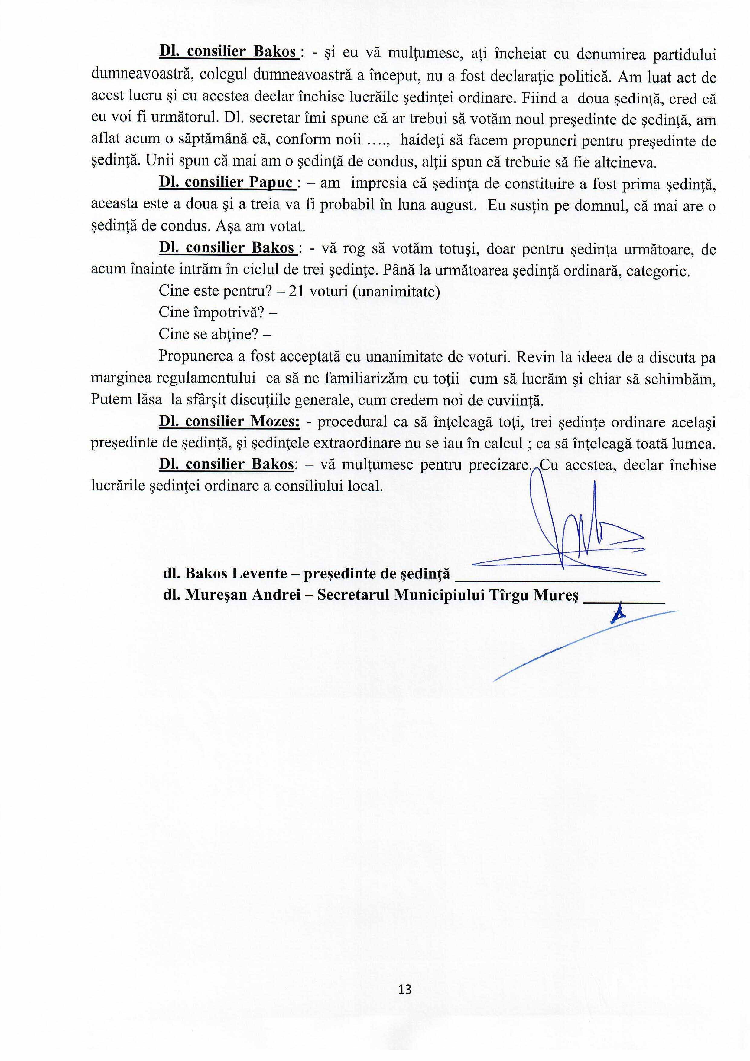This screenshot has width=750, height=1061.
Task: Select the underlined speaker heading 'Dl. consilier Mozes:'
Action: click(x=229, y=422)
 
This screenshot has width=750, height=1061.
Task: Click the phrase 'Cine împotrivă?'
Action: click(x=213, y=313)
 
